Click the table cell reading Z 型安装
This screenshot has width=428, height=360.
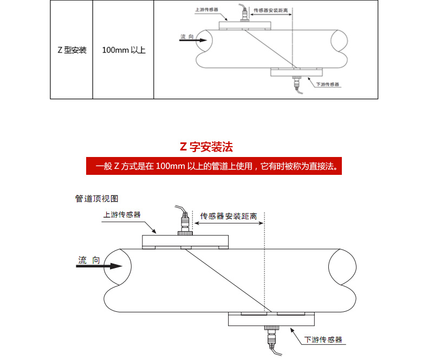coord(72,50)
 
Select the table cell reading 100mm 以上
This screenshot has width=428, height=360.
coord(124,50)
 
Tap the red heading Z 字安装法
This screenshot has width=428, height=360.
coord(206,147)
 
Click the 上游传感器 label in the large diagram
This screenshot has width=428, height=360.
coord(122,214)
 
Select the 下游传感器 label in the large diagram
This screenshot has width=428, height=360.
coord(323,339)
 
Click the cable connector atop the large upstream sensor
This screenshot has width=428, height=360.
coord(185,223)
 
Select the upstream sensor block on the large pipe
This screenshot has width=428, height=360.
coord(185,241)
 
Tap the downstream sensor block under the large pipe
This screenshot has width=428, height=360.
coord(271,319)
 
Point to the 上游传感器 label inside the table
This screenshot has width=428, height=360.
coord(206,9)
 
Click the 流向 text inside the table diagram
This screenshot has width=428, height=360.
coord(186,36)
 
